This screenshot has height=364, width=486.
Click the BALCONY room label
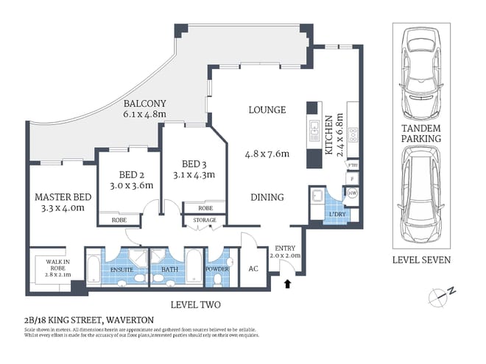pos(144,103)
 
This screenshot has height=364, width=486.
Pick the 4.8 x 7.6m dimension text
pos(267,154)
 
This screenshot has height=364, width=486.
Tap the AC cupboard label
pos(254,269)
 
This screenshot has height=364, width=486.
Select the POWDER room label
pos(219,269)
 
